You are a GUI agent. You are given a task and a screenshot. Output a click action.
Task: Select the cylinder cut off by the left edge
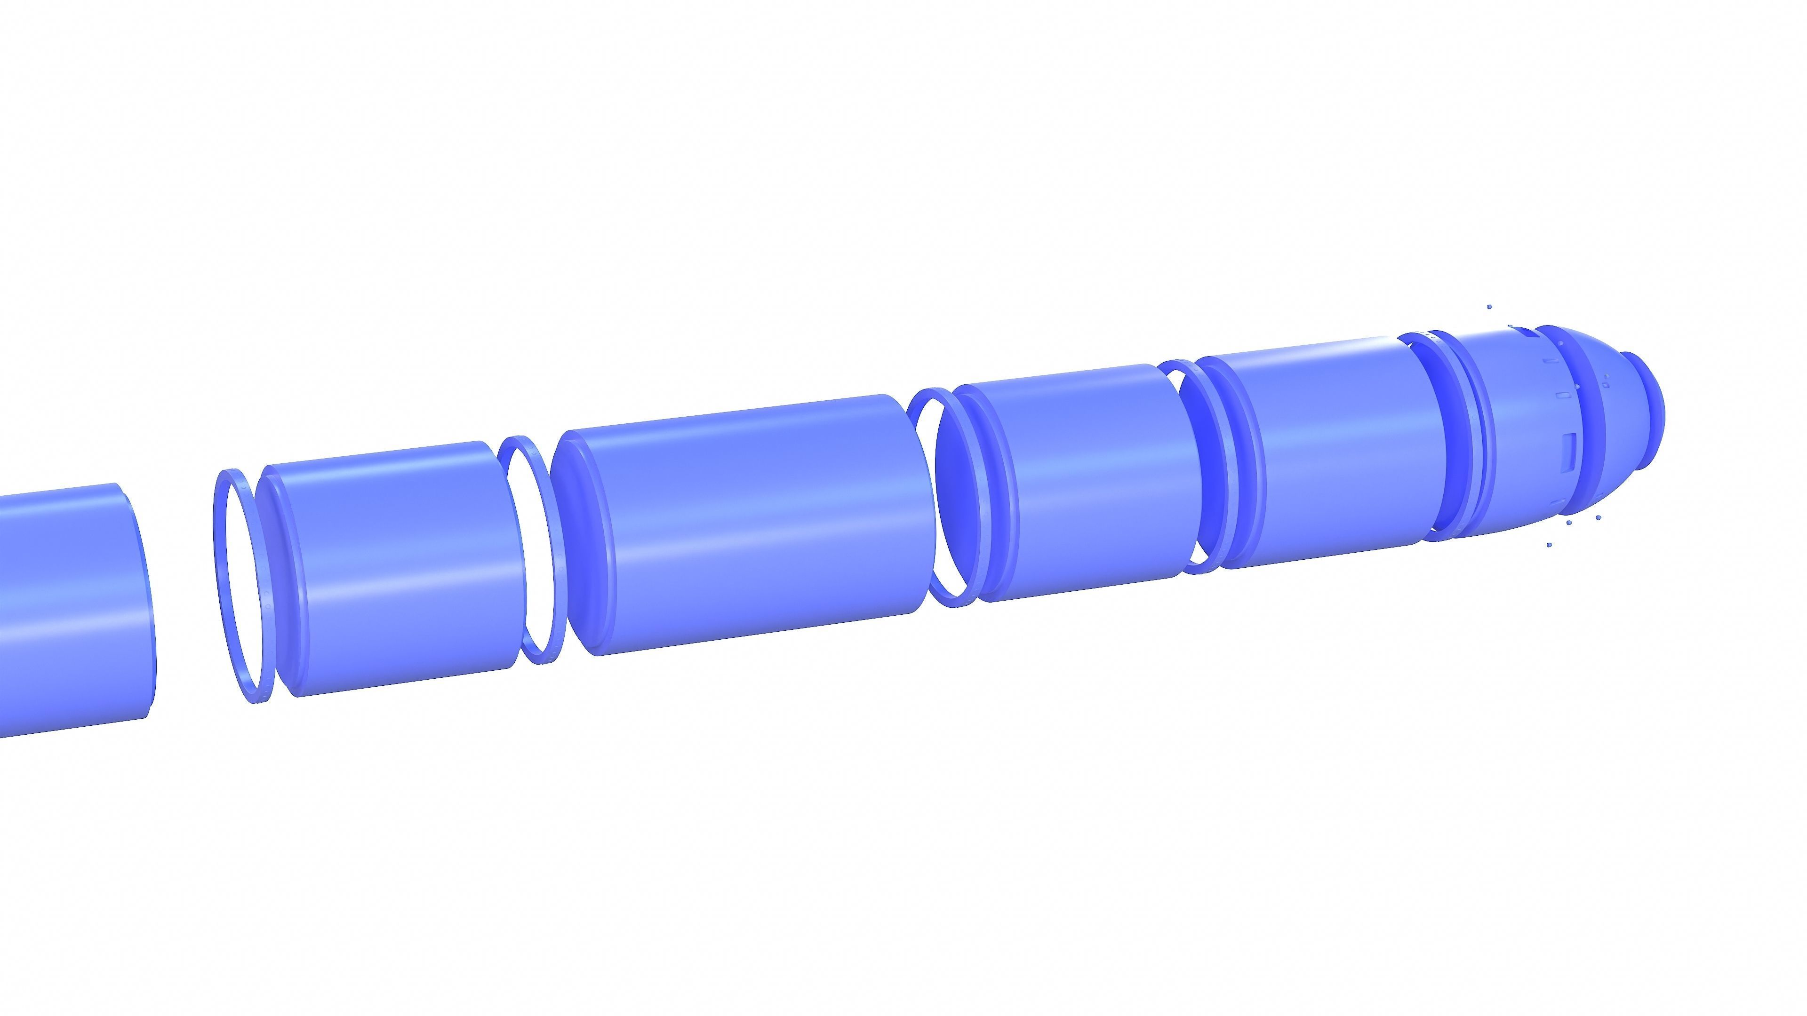[x=70, y=610]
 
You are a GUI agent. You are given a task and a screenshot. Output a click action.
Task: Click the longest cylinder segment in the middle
[x=751, y=526]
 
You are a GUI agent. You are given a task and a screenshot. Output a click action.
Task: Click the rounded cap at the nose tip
[x=1648, y=414]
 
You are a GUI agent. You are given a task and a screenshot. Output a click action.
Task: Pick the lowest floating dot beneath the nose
[x=1549, y=545]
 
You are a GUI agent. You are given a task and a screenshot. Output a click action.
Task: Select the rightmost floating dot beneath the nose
[x=1599, y=517]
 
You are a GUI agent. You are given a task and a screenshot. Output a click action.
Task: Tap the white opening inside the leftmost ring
[x=246, y=589]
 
